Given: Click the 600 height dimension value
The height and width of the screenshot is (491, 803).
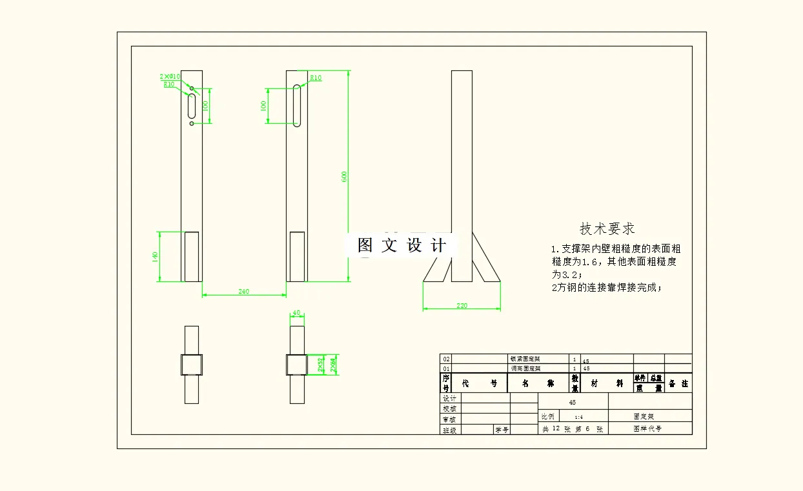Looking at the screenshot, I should coord(345,176).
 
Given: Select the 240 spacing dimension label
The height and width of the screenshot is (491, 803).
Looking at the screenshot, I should coord(243,292).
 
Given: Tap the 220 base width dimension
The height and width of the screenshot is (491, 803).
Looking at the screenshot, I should coord(462,305).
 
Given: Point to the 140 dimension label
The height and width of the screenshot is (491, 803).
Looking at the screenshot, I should coord(155,256).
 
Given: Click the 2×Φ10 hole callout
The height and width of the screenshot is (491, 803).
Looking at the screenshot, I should coord(170,76).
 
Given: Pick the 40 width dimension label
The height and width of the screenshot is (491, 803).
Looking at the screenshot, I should coord(296,313).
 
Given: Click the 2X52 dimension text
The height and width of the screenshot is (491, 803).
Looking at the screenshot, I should coord(321,365).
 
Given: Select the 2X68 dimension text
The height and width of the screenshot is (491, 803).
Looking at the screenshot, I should coord(333,365).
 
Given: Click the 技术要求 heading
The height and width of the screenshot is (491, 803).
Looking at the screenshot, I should coord(607,228).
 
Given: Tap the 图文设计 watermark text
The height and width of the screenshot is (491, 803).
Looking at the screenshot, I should coord(401,245).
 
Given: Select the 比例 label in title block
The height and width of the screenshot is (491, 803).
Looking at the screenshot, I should coord(547,416).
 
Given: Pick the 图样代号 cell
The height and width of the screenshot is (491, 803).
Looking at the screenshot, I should coord(648,428).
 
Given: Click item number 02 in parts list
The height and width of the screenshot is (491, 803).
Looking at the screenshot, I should coord(446,359).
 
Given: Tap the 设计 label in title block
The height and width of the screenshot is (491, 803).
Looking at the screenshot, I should coord(449,399).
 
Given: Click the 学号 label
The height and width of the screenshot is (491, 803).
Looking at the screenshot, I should coord(502,429).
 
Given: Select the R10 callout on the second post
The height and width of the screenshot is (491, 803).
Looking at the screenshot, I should coord(316,78).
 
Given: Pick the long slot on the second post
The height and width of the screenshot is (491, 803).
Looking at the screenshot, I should coord(297,105).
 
